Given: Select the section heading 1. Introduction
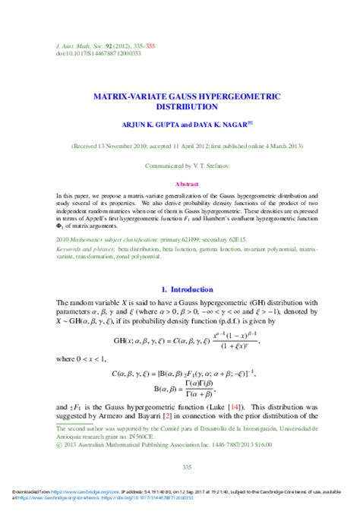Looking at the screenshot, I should [180, 289].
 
